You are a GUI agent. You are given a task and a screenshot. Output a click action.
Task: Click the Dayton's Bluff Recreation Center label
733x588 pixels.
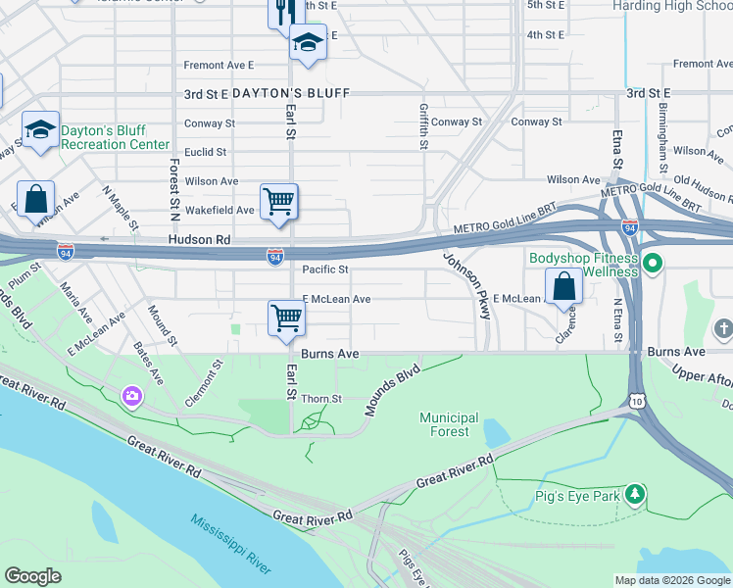tap(115, 137)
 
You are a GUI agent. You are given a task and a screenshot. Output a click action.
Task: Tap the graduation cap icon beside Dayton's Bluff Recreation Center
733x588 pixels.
tap(40, 130)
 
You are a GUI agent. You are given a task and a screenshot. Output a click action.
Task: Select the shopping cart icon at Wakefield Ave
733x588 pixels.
tap(278, 202)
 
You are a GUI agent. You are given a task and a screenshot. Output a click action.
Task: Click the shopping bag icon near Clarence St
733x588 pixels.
tap(563, 287)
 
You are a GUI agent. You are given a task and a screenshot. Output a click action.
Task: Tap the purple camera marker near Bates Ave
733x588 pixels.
tap(131, 396)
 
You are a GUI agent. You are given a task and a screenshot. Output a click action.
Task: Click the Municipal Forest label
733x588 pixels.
tap(450, 424)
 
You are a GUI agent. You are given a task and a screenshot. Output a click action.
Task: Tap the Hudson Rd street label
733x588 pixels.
tap(198, 239)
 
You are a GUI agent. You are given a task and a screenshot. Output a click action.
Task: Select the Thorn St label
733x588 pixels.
tap(321, 399)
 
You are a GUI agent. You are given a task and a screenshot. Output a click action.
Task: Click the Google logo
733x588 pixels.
tap(33, 576)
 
